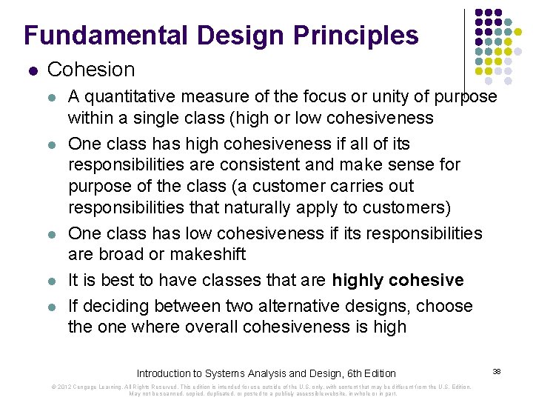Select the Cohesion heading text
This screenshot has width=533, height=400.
coord(91,70)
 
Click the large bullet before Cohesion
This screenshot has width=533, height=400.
coord(32,71)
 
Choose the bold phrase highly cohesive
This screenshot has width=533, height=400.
coord(398,280)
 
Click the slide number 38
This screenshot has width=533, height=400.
coord(497,370)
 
